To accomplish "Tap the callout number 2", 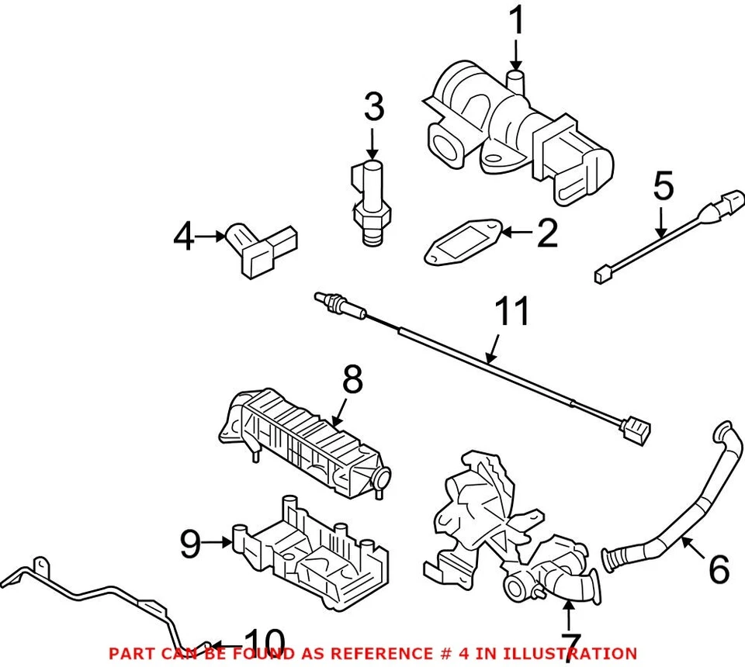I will (547, 233).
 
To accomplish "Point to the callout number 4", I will (184, 237).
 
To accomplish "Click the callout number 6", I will (719, 570).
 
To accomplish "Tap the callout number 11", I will (513, 311).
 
